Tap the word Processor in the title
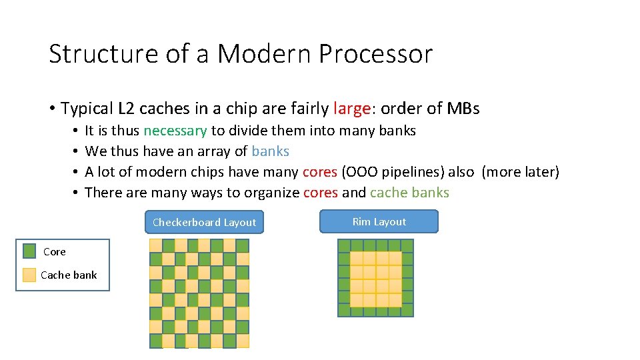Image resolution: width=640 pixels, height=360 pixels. coord(375,54)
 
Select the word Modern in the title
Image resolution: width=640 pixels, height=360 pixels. coord(263,54)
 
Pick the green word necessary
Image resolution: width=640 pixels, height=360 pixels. coord(175,131)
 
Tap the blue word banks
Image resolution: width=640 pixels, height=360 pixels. coord(270,151)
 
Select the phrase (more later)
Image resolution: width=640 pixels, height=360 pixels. coord(520,172)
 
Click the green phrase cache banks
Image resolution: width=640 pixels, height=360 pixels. coord(409,193)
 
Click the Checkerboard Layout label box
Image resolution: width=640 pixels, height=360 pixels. coord(204,222)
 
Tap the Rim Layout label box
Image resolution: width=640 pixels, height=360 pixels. coord(379,221)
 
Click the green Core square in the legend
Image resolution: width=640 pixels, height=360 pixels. coord(29,251)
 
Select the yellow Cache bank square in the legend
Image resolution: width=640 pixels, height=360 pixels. coord(29,275)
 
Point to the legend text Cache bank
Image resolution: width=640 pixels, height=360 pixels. coord(69,275)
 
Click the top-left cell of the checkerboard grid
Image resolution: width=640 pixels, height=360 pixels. coord(155,245)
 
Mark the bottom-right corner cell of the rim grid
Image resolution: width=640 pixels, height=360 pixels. coord(407,310)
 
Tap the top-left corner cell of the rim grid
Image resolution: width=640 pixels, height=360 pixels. coord(345,245)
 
